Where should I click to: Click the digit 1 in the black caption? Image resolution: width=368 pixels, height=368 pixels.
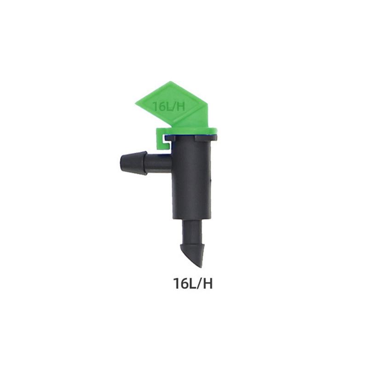tap(176, 283)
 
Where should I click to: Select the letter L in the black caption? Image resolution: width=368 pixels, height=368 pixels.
tap(190, 283)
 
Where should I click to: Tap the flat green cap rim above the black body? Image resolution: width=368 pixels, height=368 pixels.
tap(193, 130)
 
